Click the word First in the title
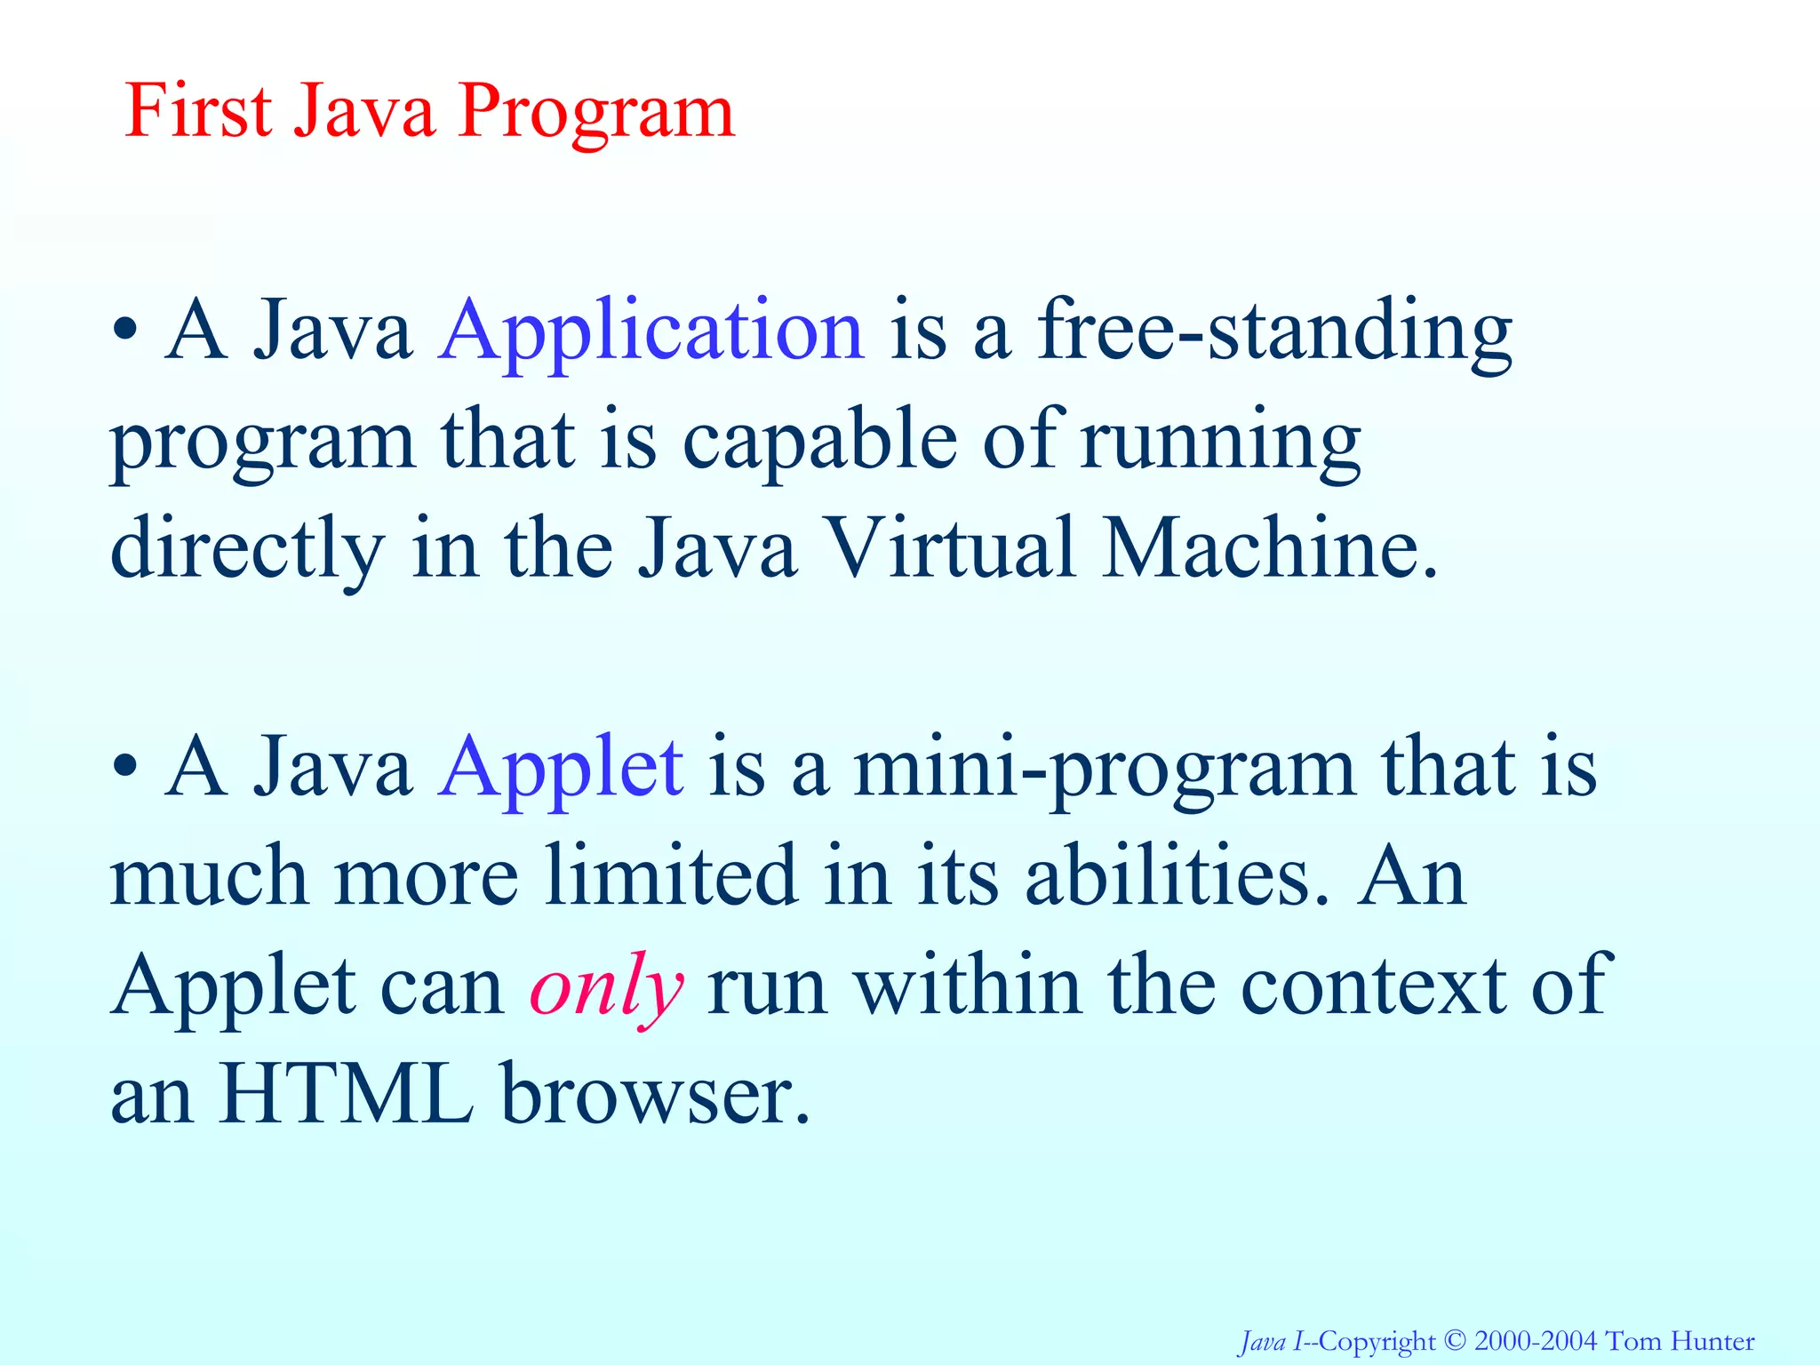[198, 111]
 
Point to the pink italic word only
[606, 988]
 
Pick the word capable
[819, 442]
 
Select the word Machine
[1269, 549]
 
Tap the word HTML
[347, 1095]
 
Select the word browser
[656, 1095]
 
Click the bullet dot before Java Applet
[125, 767]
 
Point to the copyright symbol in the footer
[1455, 1339]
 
